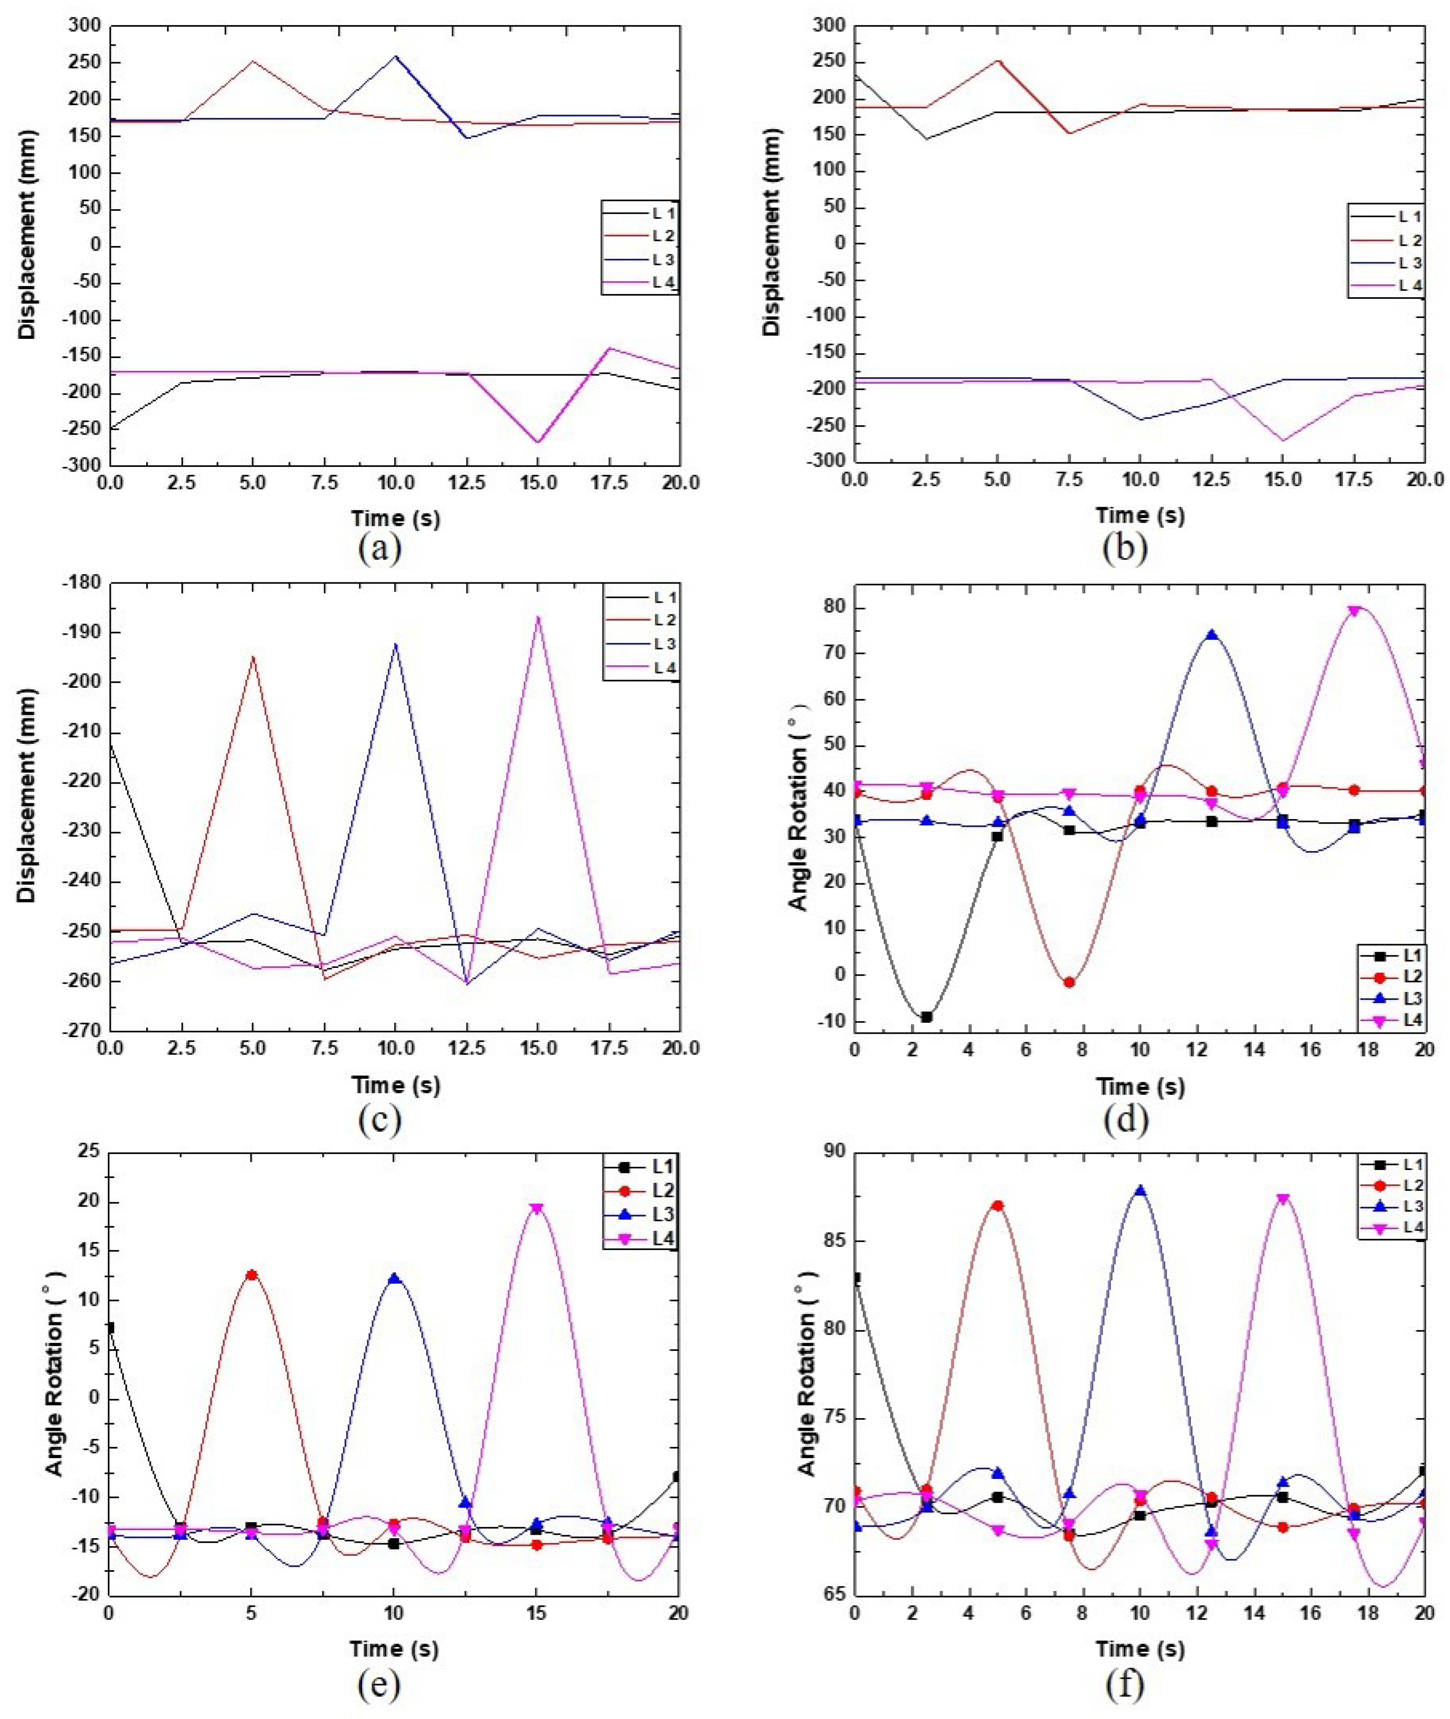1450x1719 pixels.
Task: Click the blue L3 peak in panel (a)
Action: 395,56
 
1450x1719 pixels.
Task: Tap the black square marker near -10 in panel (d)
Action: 926,1017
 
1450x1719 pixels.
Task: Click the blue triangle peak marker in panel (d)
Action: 1212,635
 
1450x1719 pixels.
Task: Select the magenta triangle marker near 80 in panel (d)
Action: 1354,611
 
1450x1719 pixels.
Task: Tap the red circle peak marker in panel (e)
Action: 252,1275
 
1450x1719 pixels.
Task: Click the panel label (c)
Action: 380,1120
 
